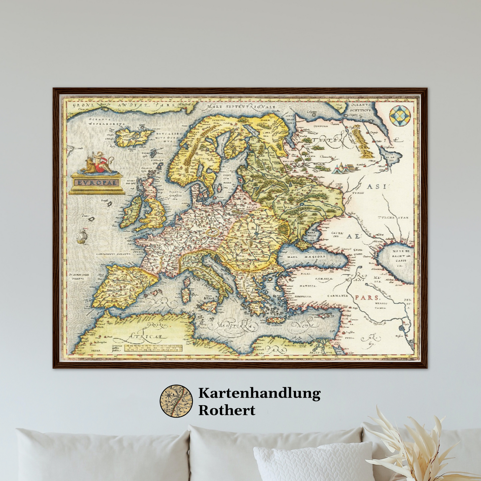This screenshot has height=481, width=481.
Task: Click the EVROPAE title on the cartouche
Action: pos(97,183)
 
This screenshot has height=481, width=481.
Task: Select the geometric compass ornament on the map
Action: pos(400,116)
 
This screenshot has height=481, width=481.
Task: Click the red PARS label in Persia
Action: pos(367,298)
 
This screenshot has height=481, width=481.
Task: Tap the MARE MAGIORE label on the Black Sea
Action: pos(306,257)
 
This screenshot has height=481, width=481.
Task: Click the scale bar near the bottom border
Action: pos(153,348)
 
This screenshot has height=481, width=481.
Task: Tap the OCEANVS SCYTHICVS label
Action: pos(360,107)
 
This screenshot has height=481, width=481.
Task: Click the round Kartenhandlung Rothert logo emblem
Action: pos(176,401)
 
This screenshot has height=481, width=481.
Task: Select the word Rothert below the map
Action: pos(227,410)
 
